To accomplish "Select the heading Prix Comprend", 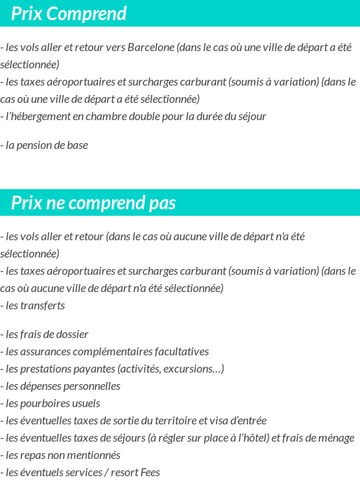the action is (69, 14).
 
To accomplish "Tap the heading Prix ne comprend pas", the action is (94, 204).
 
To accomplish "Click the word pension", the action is (39, 145).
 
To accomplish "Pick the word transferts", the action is (42, 306).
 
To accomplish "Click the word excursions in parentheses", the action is (194, 369).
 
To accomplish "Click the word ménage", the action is (335, 438).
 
